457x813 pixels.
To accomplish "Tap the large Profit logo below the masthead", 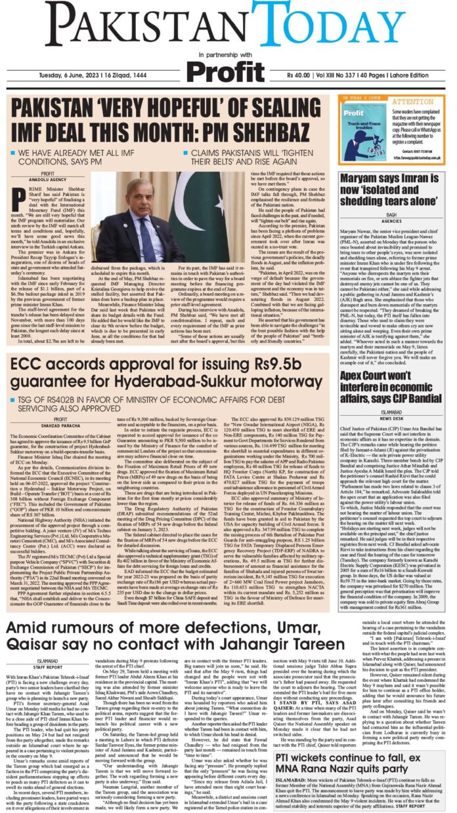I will click(228, 68).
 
